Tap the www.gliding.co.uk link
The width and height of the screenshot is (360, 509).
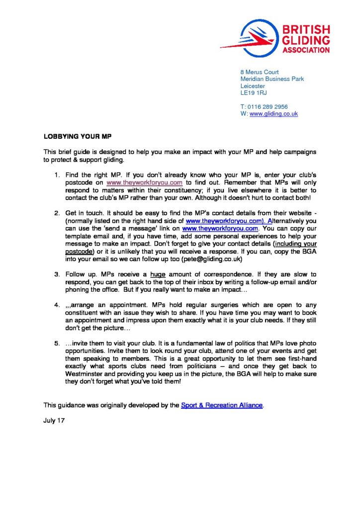pos(273,114)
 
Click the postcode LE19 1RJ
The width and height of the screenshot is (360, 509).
pos(254,93)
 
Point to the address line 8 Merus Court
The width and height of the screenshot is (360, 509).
pos(260,72)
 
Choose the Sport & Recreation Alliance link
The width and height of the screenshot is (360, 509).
pos(222,405)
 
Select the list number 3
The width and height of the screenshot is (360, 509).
pos(57,274)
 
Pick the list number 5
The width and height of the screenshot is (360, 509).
pos(57,344)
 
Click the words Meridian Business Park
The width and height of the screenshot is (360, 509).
pos(272,79)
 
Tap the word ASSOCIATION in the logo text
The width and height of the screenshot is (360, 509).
pos(305,50)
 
